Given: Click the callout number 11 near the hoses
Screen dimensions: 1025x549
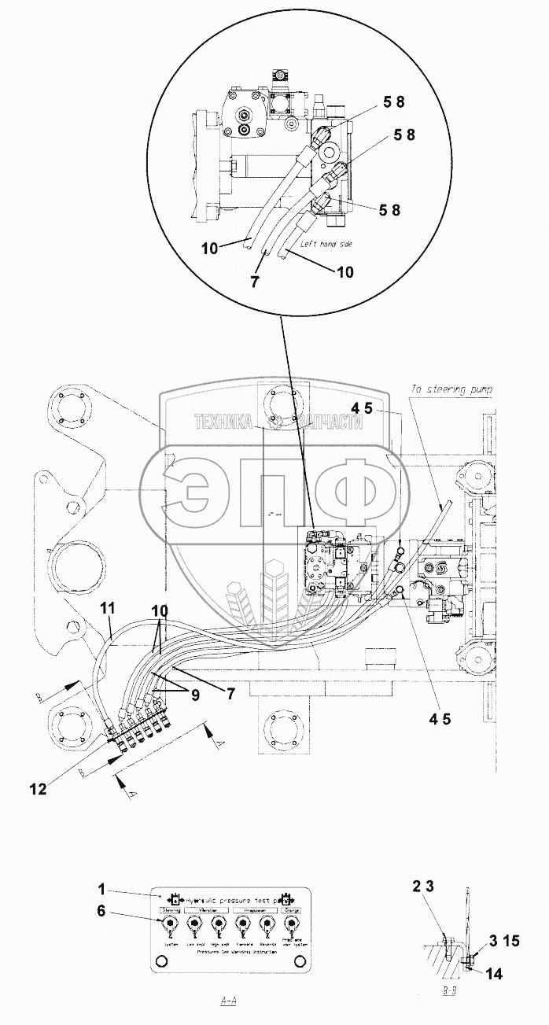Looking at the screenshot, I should [108, 607].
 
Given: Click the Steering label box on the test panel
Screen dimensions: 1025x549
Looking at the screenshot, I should [170, 910].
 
